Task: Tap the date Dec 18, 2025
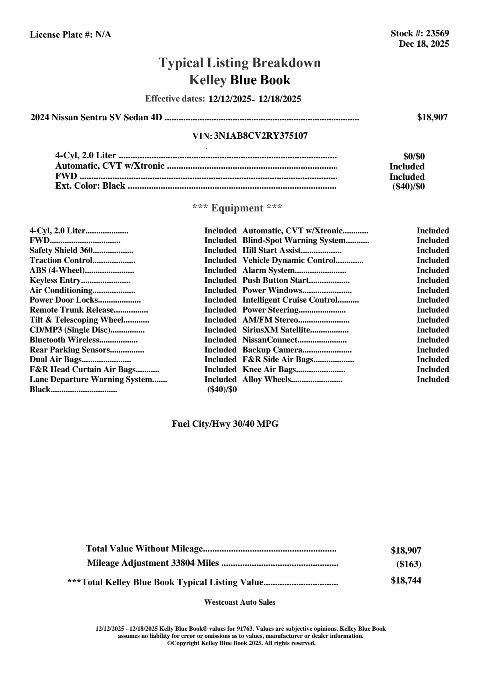click(424, 44)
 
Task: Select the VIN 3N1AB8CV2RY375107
click(261, 136)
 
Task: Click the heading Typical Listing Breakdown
click(240, 63)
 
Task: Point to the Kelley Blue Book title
click(240, 80)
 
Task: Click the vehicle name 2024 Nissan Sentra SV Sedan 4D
click(96, 117)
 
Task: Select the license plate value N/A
click(103, 35)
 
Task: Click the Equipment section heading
click(237, 208)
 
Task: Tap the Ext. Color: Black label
click(90, 186)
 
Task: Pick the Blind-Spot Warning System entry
click(294, 241)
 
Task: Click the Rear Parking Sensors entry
click(70, 350)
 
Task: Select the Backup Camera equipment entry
click(272, 350)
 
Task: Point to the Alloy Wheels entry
click(267, 380)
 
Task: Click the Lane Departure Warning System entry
click(91, 380)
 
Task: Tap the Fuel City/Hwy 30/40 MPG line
click(225, 424)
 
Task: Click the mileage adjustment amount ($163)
click(408, 564)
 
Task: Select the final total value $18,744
click(406, 581)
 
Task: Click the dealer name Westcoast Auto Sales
click(240, 602)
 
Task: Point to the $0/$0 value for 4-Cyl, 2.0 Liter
click(414, 157)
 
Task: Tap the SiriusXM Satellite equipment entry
click(276, 330)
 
